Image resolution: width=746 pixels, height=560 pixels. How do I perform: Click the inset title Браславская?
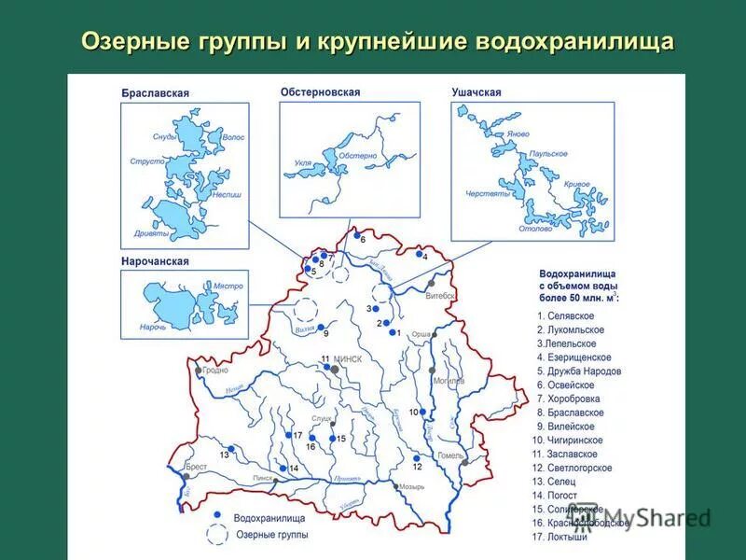pos(155,93)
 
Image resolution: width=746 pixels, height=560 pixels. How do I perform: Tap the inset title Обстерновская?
pos(320,92)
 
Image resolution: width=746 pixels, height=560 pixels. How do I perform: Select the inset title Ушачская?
pos(477,92)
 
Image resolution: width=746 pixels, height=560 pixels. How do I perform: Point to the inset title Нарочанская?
pos(155,262)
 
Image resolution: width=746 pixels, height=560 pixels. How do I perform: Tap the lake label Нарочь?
pos(154,327)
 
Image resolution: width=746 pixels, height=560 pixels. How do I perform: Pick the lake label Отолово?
pos(535,229)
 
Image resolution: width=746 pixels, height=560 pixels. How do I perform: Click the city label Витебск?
pos(440,296)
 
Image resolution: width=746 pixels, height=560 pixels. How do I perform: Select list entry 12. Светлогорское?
pos(573,468)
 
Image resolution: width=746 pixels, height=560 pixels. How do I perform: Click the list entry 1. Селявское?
pos(565,316)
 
